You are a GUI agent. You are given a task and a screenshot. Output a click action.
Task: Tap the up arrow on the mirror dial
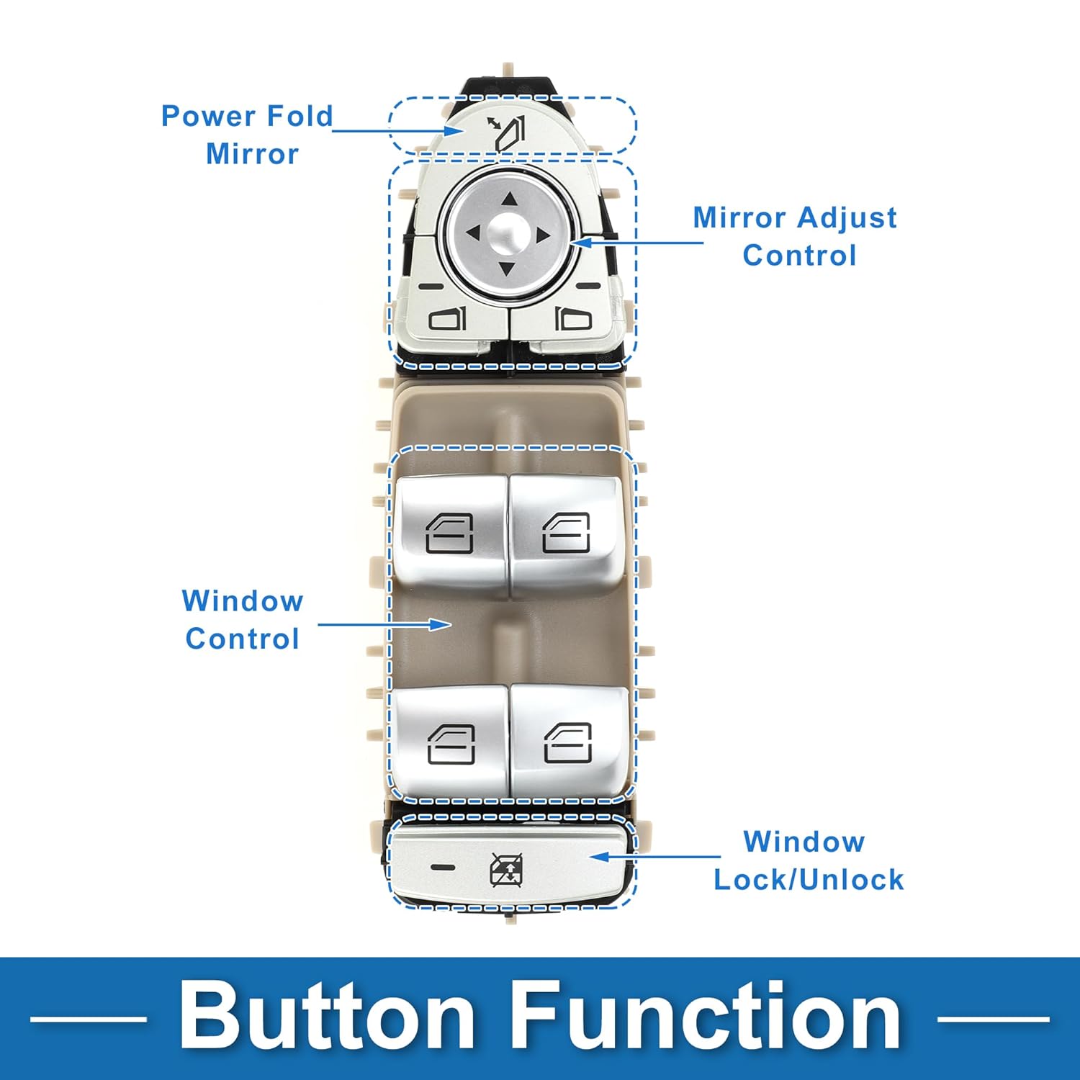[x=510, y=199]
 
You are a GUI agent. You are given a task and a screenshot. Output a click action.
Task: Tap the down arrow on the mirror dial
[x=508, y=269]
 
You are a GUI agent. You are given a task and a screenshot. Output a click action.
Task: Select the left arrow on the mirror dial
[x=473, y=233]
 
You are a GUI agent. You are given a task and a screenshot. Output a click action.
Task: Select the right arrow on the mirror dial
[x=542, y=234]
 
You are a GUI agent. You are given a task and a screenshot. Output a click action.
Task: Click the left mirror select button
[x=448, y=318]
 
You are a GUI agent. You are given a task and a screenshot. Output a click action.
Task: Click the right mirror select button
[x=573, y=318]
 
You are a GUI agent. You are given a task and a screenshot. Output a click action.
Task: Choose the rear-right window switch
[x=568, y=742]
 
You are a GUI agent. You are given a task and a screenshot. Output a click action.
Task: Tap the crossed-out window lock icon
[x=506, y=870]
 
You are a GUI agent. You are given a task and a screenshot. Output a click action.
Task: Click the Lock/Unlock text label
[x=809, y=879]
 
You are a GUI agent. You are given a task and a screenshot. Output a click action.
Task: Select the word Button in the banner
[x=326, y=1017]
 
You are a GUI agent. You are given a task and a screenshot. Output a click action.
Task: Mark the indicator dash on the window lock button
[x=443, y=867]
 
